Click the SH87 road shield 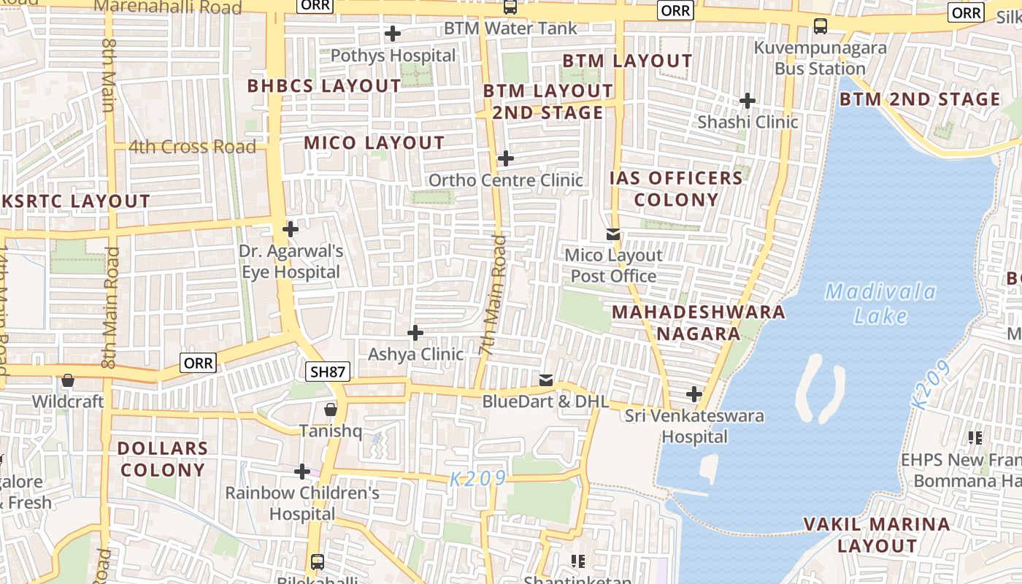328,372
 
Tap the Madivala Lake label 880,304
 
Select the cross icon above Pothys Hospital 393,34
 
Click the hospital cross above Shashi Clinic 747,100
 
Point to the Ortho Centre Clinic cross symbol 505,158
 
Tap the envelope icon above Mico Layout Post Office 613,234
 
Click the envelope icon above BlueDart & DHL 545,380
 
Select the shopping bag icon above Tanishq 331,409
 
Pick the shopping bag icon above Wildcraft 68,380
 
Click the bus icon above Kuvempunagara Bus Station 820,26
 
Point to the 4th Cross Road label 193,147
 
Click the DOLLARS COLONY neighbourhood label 163,459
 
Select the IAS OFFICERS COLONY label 676,188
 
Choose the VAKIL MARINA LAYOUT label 877,534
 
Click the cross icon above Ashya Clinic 415,333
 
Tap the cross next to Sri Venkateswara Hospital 693,394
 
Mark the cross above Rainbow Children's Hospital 301,472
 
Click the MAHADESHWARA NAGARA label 698,323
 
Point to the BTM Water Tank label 511,28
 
